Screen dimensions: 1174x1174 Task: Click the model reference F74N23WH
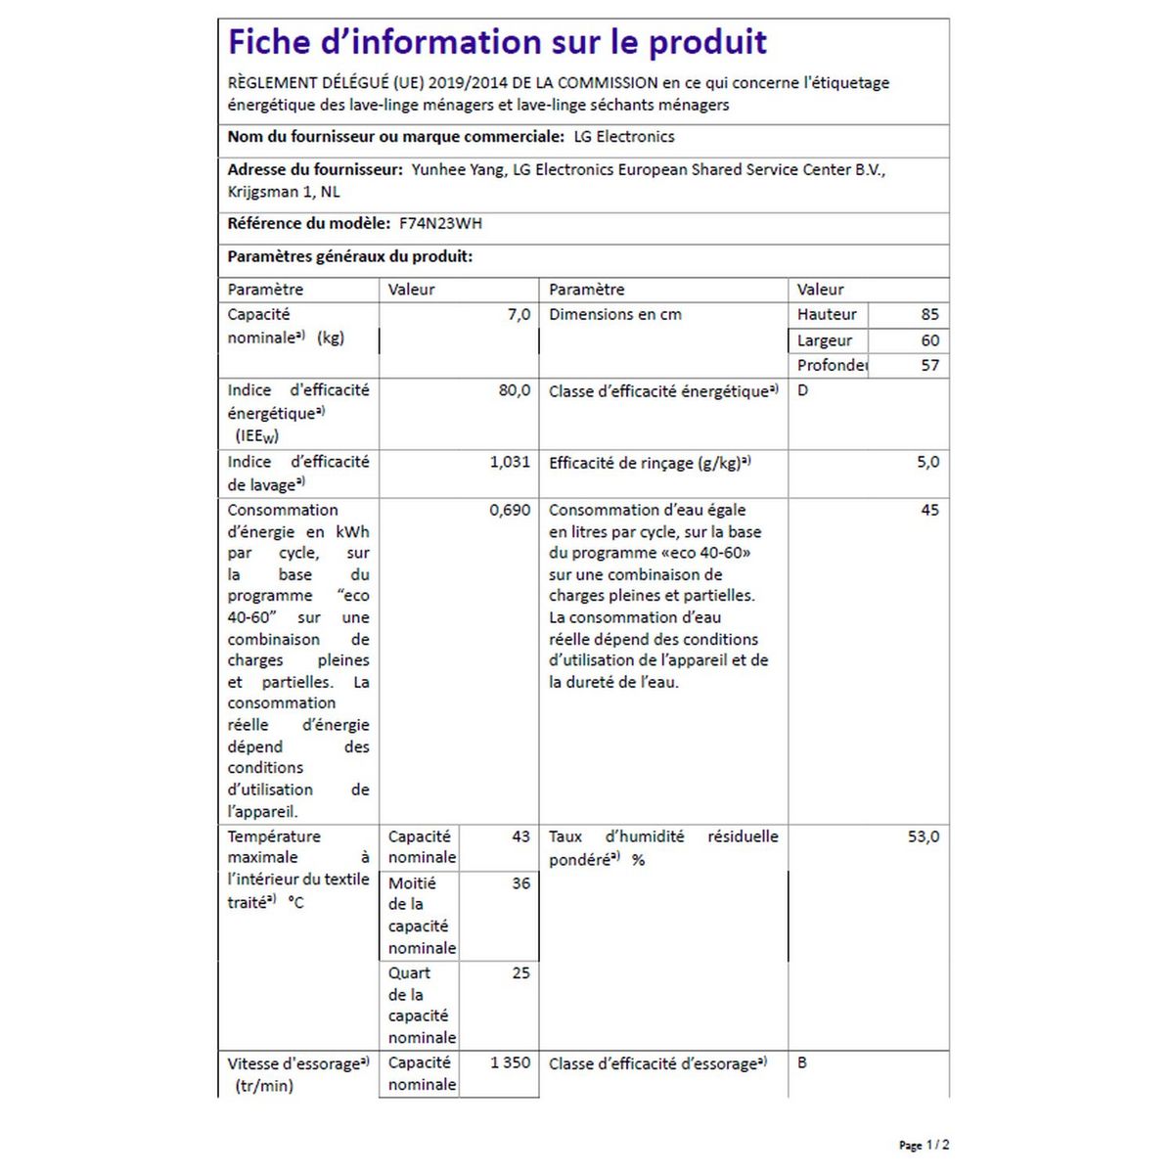440,223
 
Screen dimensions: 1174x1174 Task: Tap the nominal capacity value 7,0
519,314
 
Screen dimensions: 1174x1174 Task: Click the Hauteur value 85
929,314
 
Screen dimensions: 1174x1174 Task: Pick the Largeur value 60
929,340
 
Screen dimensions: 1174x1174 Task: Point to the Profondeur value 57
929,365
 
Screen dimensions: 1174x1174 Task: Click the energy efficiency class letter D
803,390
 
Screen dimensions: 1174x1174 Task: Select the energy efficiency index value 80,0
514,390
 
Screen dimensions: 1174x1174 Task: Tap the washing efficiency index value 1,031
510,462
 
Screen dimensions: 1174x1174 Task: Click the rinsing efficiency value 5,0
927,462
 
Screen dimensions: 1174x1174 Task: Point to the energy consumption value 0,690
510,510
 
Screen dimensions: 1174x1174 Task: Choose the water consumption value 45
929,510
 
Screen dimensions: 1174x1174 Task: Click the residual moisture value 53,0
924,836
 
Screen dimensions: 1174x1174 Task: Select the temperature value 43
520,836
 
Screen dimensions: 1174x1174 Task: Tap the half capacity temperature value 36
520,883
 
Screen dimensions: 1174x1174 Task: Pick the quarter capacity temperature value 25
520,973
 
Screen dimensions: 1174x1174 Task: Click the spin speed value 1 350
510,1062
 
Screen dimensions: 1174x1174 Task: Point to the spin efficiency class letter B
802,1062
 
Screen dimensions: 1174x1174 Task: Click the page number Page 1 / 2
924,1145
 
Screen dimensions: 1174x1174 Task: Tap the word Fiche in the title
270,43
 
